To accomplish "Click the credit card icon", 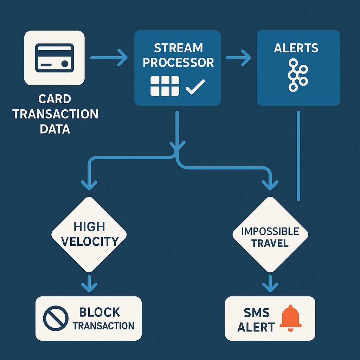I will click(x=54, y=58).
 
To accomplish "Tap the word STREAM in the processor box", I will click(x=178, y=47).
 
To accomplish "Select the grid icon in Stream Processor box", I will click(x=165, y=86).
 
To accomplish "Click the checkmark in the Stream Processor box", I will click(x=195, y=86).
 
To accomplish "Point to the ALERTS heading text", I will click(x=296, y=48).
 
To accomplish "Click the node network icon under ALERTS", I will click(x=297, y=75).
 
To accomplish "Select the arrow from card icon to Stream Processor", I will click(x=109, y=58).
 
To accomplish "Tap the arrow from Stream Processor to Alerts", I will click(x=238, y=58).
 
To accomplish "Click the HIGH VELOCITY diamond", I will click(x=89, y=234).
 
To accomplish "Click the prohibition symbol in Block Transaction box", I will click(x=55, y=318).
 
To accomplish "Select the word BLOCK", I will click(x=99, y=312).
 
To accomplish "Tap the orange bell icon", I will click(x=290, y=318).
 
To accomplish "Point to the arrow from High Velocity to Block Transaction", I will click(x=89, y=283).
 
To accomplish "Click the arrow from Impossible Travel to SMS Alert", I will click(x=270, y=283).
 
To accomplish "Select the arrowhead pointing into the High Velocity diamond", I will click(x=89, y=185).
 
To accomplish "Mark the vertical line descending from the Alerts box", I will click(x=298, y=155).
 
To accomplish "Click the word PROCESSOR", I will click(x=178, y=63).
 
